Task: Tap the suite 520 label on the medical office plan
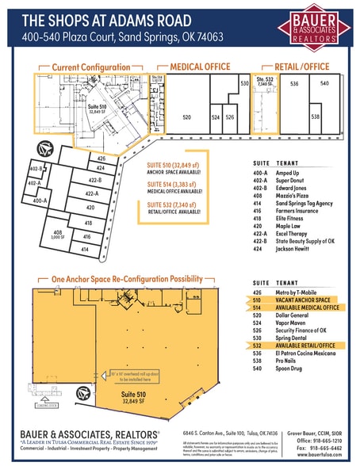coord(187,116)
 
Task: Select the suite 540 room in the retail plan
coord(324,82)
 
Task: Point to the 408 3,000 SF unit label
coord(58,235)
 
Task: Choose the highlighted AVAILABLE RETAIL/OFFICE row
coord(305,346)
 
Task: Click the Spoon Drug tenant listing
coord(292,368)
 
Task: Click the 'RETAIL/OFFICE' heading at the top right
coord(304,67)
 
